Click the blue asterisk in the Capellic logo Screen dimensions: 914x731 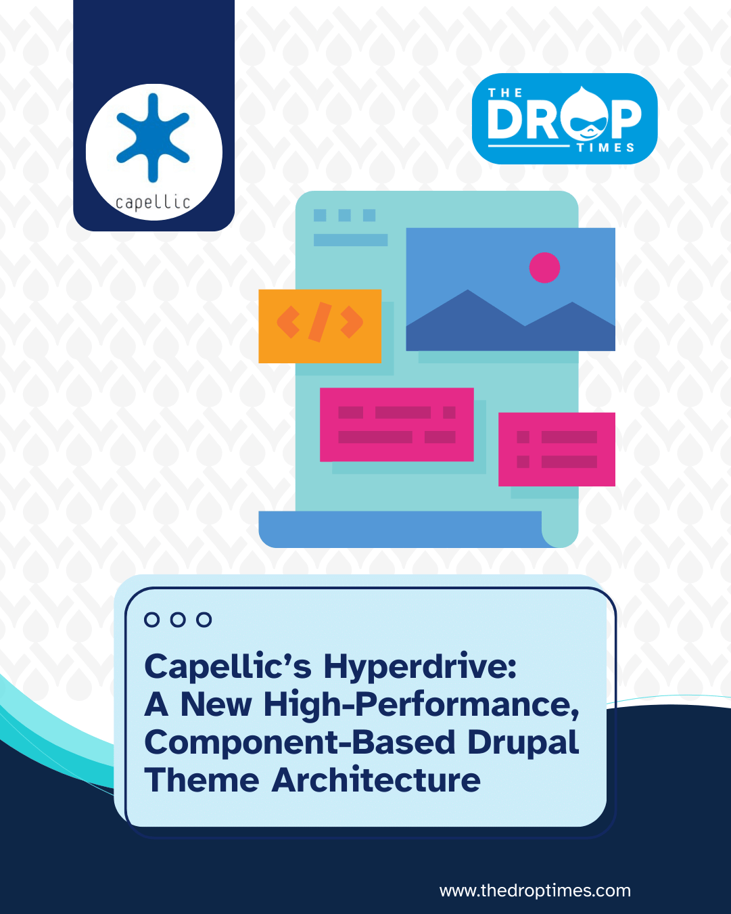point(153,137)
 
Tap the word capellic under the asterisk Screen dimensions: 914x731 point(153,202)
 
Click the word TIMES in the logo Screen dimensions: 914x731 point(605,147)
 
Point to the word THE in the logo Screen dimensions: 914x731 point(505,93)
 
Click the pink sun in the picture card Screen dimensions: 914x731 point(544,267)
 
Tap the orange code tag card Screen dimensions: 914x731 point(320,326)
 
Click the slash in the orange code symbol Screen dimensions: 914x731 point(320,322)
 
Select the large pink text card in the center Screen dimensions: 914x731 point(396,424)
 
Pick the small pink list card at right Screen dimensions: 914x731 point(557,449)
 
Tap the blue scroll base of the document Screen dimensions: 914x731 point(399,529)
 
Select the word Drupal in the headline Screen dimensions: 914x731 point(523,742)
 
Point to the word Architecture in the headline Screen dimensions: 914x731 point(376,780)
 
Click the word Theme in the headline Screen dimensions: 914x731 point(202,780)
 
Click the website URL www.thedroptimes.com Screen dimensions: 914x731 point(535,890)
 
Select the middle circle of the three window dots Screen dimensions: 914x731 point(178,620)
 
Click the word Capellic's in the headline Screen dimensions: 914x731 point(228,666)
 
